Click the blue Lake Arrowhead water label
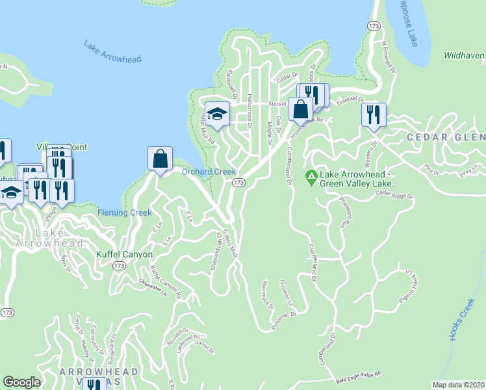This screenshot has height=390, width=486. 112,51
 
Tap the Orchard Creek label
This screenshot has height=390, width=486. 208,172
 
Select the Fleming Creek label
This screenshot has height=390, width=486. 124,213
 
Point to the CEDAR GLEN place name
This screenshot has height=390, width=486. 446,137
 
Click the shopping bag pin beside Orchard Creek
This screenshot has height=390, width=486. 160,159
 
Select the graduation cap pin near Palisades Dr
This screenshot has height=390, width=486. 217,114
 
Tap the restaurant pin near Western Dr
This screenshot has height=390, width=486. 374,114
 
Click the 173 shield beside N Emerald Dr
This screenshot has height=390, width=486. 373,25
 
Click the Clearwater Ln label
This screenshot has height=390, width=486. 153,287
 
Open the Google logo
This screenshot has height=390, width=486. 22,382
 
